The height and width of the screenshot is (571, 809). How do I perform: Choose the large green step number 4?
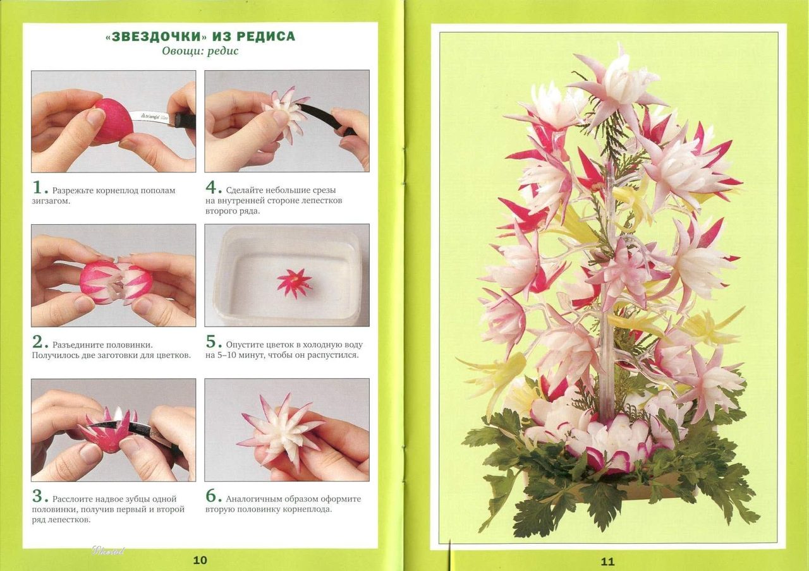(x=211, y=188)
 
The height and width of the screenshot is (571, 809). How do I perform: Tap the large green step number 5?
(x=211, y=342)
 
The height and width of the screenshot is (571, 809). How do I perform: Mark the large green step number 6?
(x=211, y=496)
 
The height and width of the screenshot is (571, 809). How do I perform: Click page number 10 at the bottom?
(x=200, y=560)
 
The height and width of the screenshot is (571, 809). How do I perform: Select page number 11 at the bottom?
(x=607, y=562)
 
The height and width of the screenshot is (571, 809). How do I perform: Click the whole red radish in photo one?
(x=112, y=121)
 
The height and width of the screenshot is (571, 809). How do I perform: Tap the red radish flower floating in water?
(x=295, y=282)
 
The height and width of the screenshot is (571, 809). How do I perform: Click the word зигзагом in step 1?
(x=51, y=201)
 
